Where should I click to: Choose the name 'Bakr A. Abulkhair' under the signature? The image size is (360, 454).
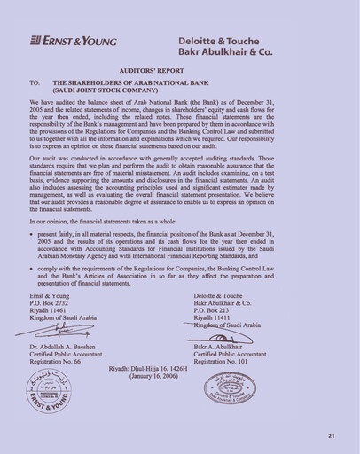point(225,350)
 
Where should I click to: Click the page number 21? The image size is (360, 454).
point(331,435)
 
